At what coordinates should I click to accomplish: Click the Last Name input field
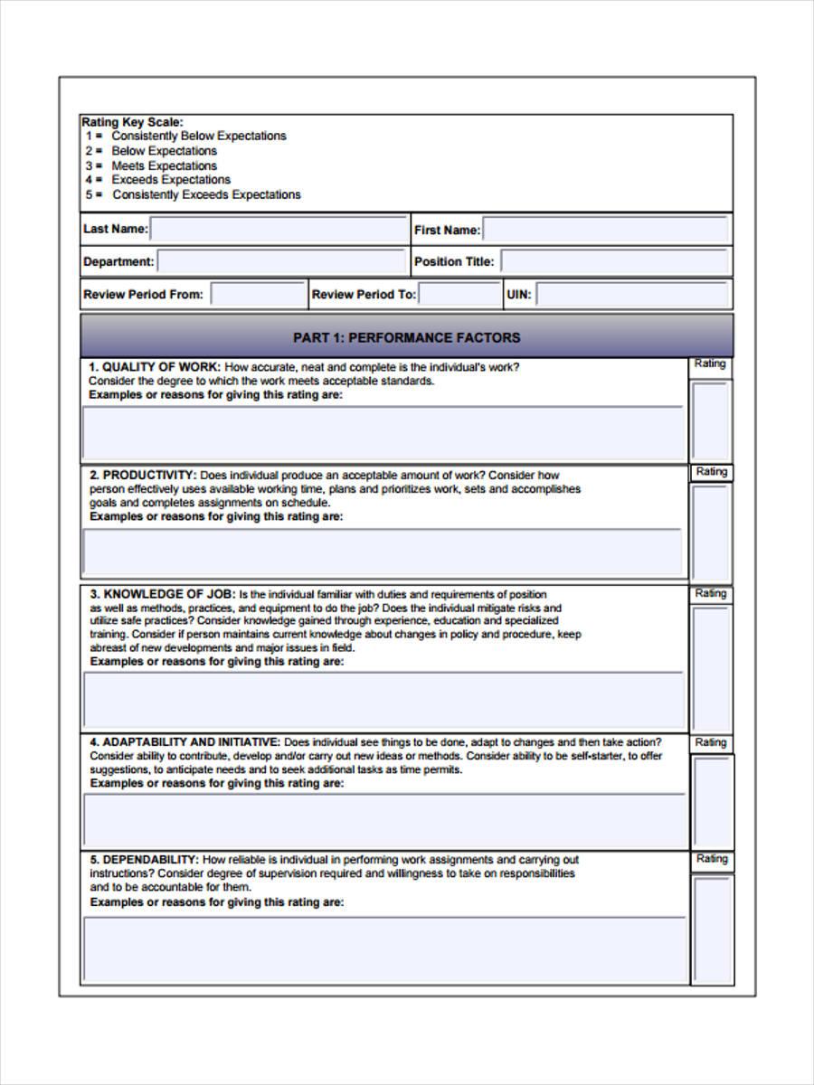pos(279,230)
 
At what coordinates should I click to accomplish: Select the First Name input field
pos(606,230)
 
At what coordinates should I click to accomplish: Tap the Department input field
pos(282,262)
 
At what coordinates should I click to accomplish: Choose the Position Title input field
pos(615,262)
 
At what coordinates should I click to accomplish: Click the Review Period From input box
pos(258,295)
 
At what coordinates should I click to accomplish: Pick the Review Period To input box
pos(459,295)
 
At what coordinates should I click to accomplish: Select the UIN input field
pos(632,295)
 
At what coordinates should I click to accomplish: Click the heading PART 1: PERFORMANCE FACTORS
pos(406,337)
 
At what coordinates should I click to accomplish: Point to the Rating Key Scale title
pos(132,122)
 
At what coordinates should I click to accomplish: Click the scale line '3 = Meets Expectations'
pos(152,166)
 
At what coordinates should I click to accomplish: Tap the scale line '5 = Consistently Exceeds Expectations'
pos(194,195)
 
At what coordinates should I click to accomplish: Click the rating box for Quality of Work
pos(711,421)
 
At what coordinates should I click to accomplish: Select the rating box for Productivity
pos(711,532)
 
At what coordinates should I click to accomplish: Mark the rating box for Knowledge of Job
pos(711,668)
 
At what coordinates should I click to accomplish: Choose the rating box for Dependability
pos(712,929)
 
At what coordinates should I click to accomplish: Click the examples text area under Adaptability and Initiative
pos(384,821)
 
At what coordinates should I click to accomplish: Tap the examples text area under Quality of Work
pos(384,433)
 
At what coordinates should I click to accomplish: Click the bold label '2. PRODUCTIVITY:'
pos(143,476)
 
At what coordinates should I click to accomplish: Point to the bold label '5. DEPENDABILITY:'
pos(144,860)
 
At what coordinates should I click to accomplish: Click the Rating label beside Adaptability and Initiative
pos(711,743)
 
